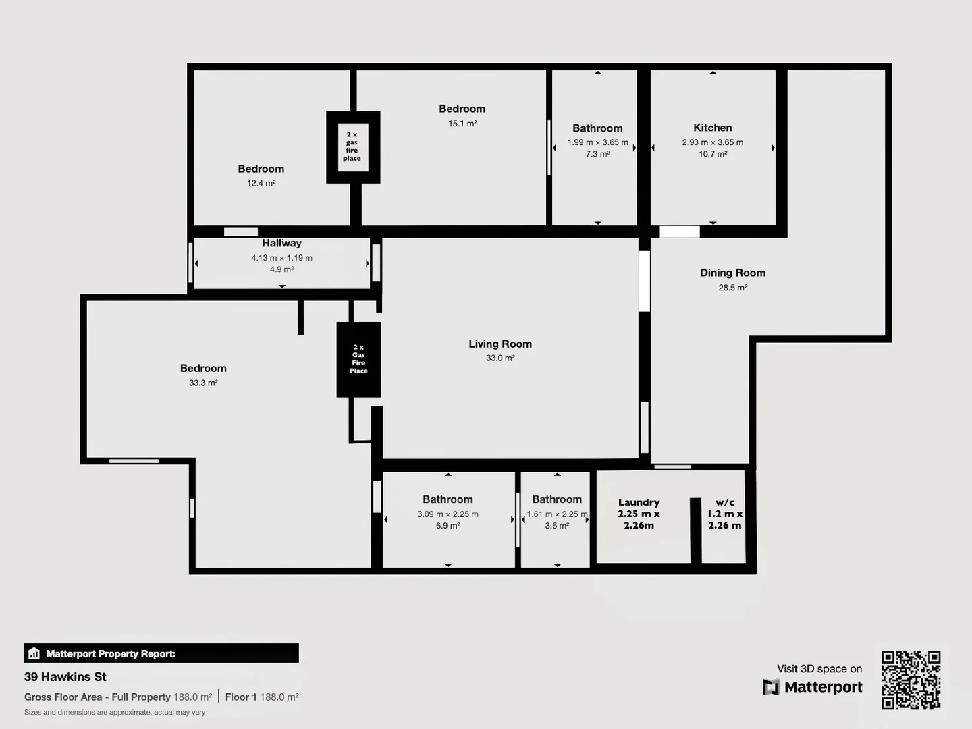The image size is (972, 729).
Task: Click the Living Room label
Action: tap(500, 344)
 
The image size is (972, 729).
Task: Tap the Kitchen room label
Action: tap(712, 128)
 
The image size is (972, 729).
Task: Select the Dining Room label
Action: tap(732, 273)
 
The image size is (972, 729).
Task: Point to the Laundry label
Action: tap(639, 502)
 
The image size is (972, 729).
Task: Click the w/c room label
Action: tap(725, 502)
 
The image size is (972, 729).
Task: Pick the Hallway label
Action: tap(281, 243)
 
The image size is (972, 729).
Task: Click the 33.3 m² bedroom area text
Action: tap(203, 383)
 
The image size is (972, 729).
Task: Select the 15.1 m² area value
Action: tap(462, 124)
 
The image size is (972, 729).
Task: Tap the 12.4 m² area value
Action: tap(261, 183)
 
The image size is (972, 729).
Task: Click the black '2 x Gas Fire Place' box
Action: tap(358, 359)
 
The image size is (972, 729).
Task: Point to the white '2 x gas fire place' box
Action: tap(352, 146)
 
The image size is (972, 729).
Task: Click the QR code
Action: tap(911, 680)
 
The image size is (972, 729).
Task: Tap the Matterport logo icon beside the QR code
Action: tap(770, 687)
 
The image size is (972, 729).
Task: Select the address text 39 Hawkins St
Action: tap(65, 676)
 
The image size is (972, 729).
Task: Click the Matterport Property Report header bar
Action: tap(161, 653)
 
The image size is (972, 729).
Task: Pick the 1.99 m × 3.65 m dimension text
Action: tap(597, 142)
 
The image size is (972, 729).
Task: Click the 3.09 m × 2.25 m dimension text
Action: tap(448, 514)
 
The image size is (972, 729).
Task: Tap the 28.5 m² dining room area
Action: tap(732, 288)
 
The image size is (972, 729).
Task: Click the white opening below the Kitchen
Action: tap(679, 232)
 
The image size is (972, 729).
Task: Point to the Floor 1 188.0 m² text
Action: tap(262, 697)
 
